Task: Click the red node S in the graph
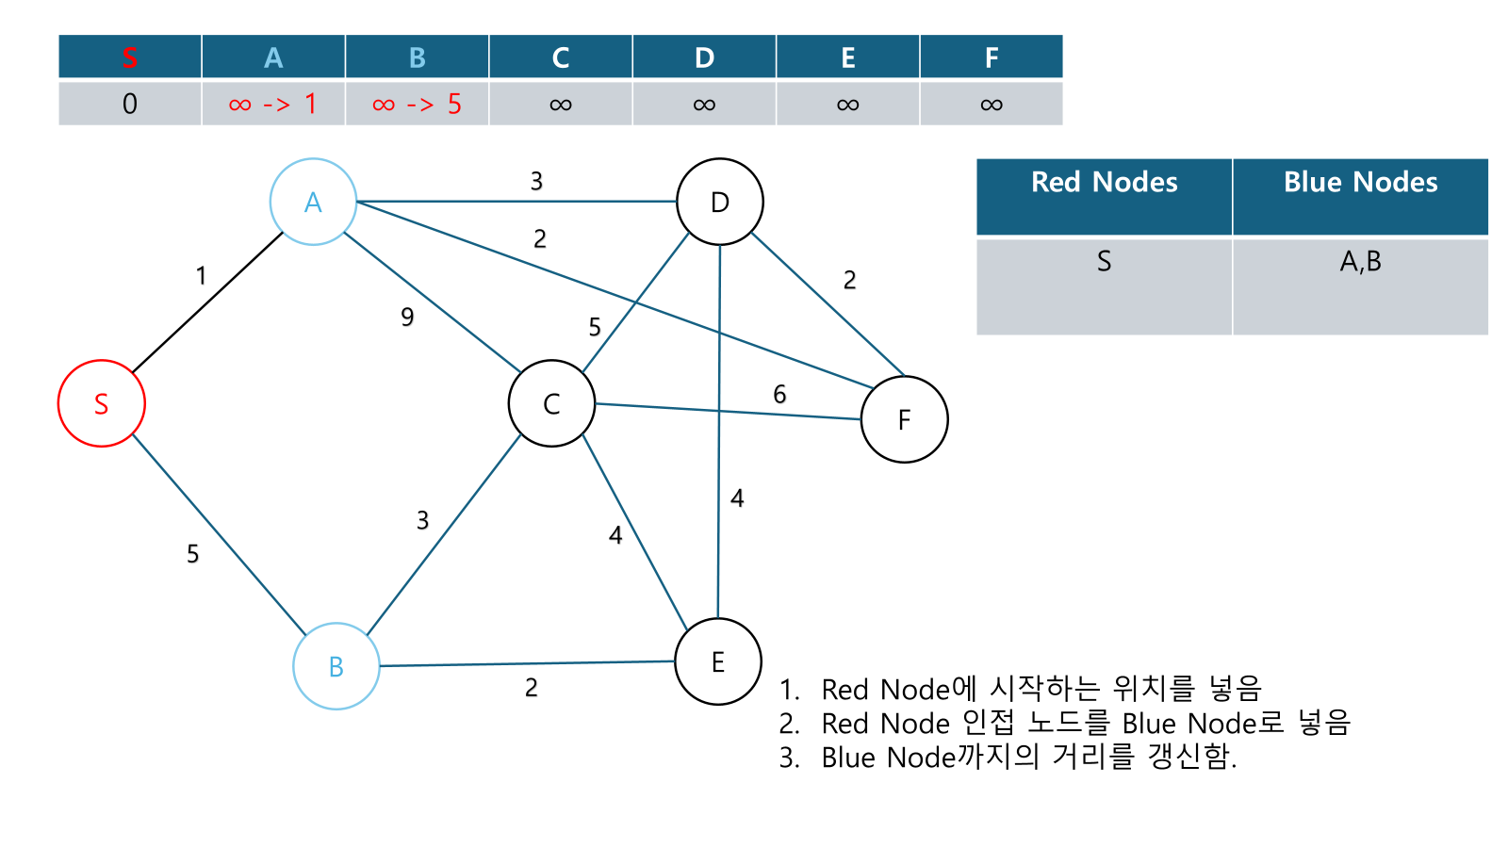[x=102, y=403]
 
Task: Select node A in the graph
[x=313, y=202]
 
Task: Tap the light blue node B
[x=336, y=666]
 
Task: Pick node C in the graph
[x=551, y=403]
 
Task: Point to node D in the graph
[x=720, y=202]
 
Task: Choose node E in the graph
[x=718, y=661]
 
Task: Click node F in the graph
[x=905, y=419]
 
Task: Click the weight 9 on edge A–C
[x=407, y=317]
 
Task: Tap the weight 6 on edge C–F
[x=779, y=394]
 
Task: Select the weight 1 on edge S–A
[x=201, y=275]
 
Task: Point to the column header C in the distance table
[x=561, y=57]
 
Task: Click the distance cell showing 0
[x=130, y=104]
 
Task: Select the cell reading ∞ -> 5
[x=417, y=104]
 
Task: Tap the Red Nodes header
[x=1104, y=183]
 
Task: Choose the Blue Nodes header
[x=1360, y=183]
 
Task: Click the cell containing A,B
[x=1360, y=261]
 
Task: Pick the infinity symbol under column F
[x=992, y=105]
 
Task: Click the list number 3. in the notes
[x=790, y=758]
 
